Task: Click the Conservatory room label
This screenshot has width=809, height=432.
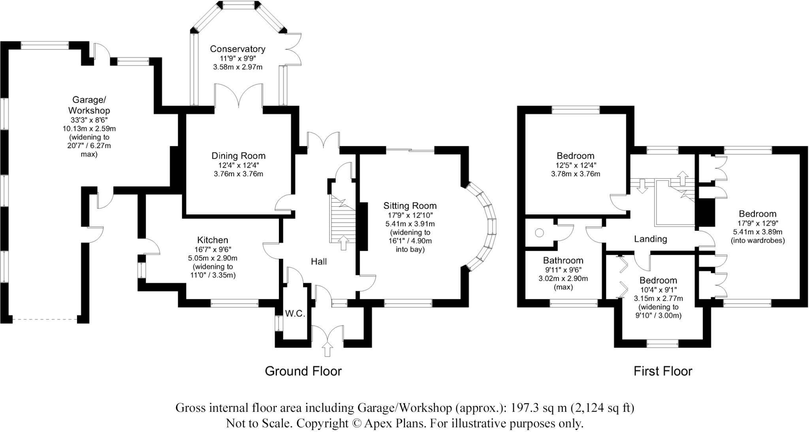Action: click(x=237, y=49)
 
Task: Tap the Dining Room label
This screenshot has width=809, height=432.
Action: click(x=238, y=156)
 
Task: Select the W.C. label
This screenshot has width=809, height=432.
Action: click(x=295, y=314)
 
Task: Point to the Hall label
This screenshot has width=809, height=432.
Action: click(x=319, y=262)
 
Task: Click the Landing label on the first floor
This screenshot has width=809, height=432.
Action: click(x=650, y=239)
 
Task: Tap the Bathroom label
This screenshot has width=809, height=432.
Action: click(x=563, y=260)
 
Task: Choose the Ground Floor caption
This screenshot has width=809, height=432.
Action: click(x=303, y=371)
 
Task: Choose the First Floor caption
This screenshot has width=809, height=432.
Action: click(x=663, y=371)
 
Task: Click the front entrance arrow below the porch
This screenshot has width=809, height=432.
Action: click(x=327, y=349)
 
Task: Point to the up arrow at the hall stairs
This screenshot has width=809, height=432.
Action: click(x=343, y=242)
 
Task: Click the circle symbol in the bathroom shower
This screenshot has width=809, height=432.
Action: click(x=539, y=233)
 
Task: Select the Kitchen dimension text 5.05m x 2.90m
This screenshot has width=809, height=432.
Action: click(x=213, y=258)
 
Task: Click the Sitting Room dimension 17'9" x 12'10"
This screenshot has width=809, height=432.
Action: click(x=410, y=215)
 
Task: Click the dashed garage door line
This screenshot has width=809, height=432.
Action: click(x=45, y=319)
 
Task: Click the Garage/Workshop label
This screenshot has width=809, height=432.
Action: click(x=89, y=105)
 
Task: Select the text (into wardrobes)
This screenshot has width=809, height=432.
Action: click(x=758, y=240)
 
